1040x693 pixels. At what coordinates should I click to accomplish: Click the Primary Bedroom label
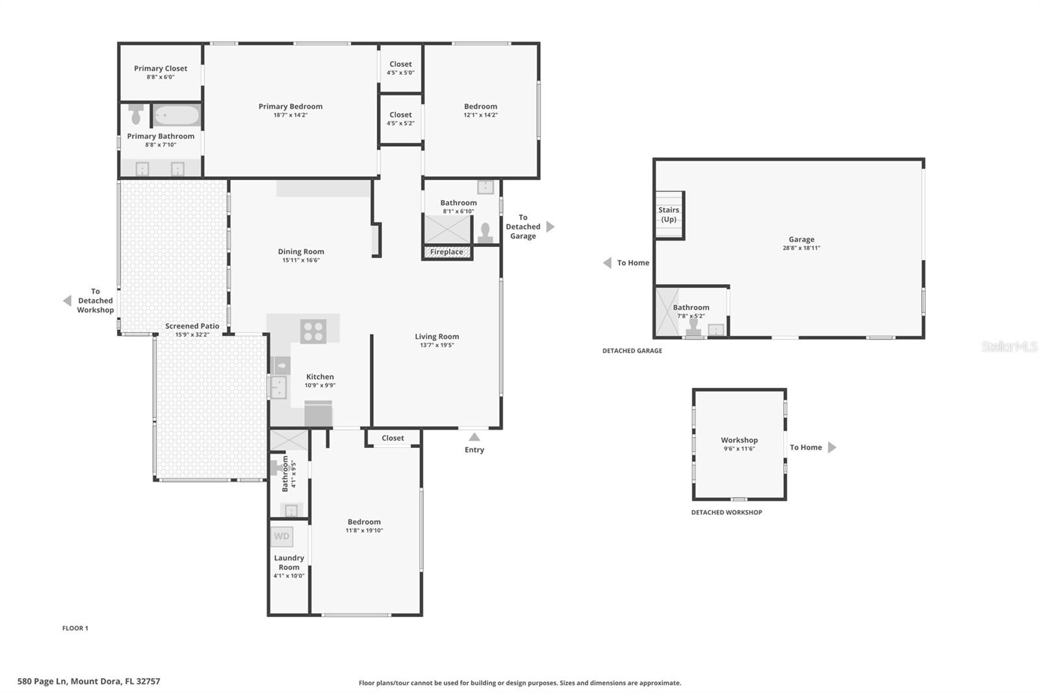coord(290,107)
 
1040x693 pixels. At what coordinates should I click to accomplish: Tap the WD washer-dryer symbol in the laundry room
coord(282,536)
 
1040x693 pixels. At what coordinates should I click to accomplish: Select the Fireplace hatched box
coord(447,252)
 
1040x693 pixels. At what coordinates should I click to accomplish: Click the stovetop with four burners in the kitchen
coord(313,332)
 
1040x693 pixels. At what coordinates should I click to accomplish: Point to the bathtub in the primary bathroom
coord(176,115)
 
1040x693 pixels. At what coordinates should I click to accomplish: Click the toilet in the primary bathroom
coord(136,114)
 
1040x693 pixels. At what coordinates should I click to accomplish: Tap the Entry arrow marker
coord(474,437)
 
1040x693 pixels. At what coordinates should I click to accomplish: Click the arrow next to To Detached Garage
coord(550,227)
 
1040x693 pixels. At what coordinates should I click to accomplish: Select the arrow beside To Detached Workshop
coord(68,300)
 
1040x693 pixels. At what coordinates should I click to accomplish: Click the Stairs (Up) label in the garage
coord(669,215)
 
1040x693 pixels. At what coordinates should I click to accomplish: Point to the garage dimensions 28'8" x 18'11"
coord(801,248)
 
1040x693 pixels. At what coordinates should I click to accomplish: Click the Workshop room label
coord(739,440)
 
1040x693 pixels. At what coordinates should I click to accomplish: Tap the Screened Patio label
coord(192,326)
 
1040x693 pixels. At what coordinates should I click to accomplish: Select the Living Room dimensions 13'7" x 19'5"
coord(437,345)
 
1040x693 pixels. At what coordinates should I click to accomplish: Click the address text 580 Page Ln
coord(42,681)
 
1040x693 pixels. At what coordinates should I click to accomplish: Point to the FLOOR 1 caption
coord(75,628)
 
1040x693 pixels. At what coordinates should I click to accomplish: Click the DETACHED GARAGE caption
coord(632,350)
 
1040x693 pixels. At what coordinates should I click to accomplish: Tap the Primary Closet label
coord(161,68)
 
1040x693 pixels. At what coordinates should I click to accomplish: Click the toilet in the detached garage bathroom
coord(694,326)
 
